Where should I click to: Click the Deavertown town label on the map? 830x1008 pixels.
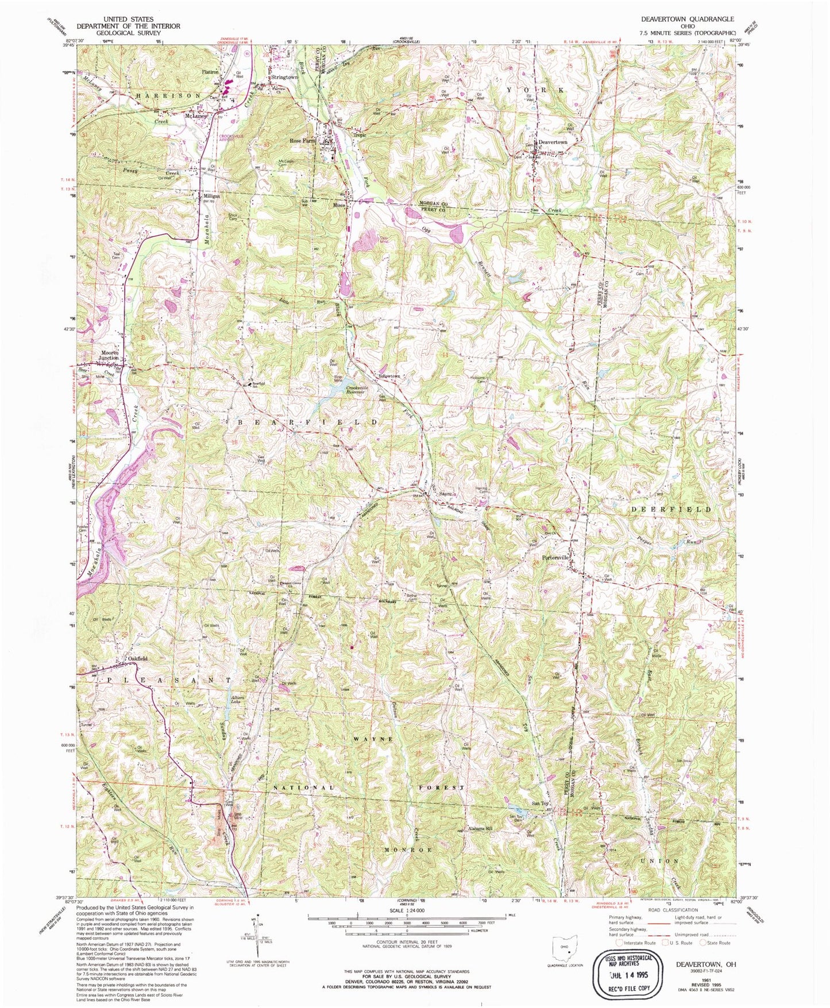click(x=552, y=142)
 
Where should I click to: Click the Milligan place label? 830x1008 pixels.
click(x=211, y=196)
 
